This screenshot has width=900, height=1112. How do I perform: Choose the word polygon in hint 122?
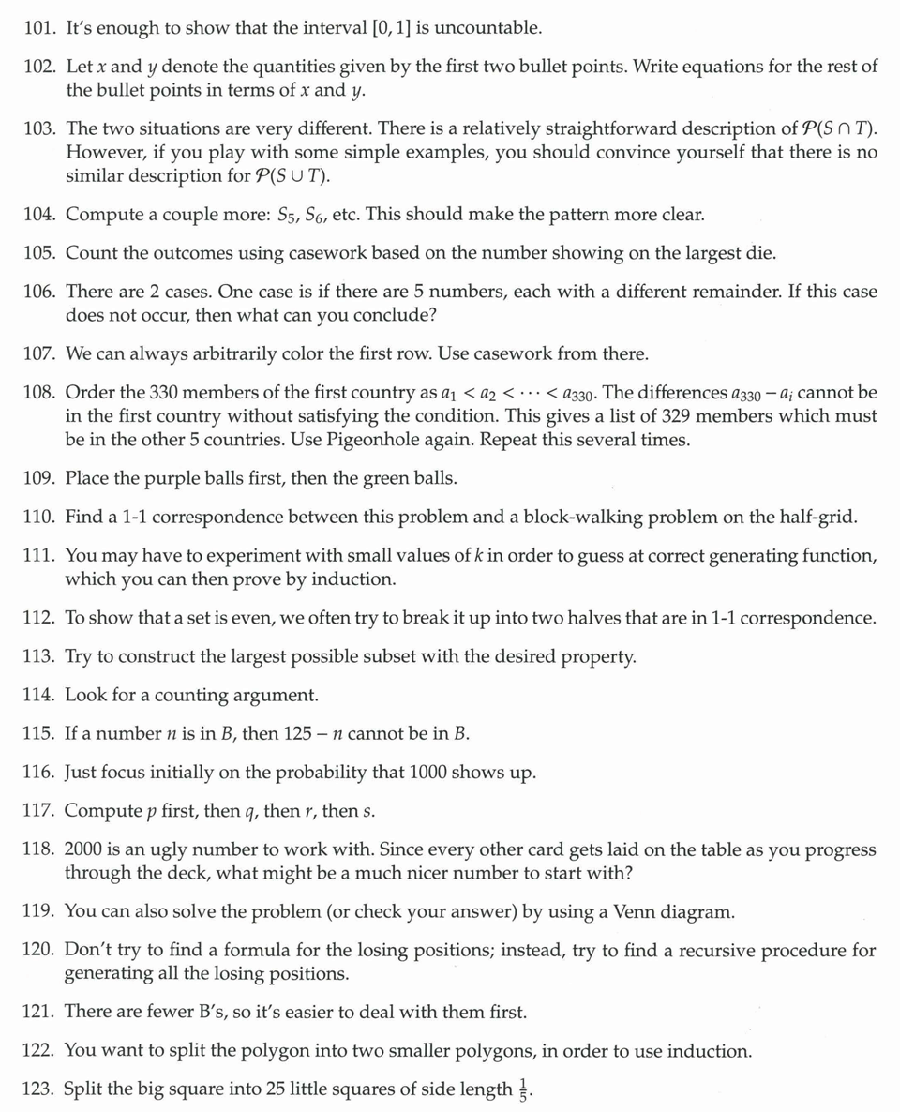coord(283,1051)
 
